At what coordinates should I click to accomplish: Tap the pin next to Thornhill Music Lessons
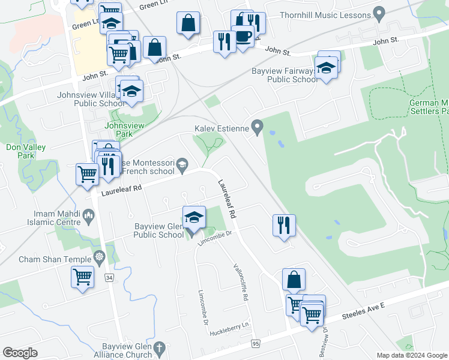click(378, 13)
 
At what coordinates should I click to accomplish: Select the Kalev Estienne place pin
click(258, 127)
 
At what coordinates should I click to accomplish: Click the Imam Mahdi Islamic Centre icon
click(88, 215)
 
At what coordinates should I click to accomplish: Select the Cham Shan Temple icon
click(99, 259)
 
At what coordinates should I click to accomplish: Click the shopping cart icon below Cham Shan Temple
click(83, 277)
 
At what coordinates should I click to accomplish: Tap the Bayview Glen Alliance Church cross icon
click(159, 347)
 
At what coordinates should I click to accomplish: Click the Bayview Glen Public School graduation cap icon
click(194, 218)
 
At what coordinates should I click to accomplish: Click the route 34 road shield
click(109, 278)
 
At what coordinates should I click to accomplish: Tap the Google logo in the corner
click(20, 353)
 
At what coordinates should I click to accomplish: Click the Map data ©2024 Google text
click(411, 355)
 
